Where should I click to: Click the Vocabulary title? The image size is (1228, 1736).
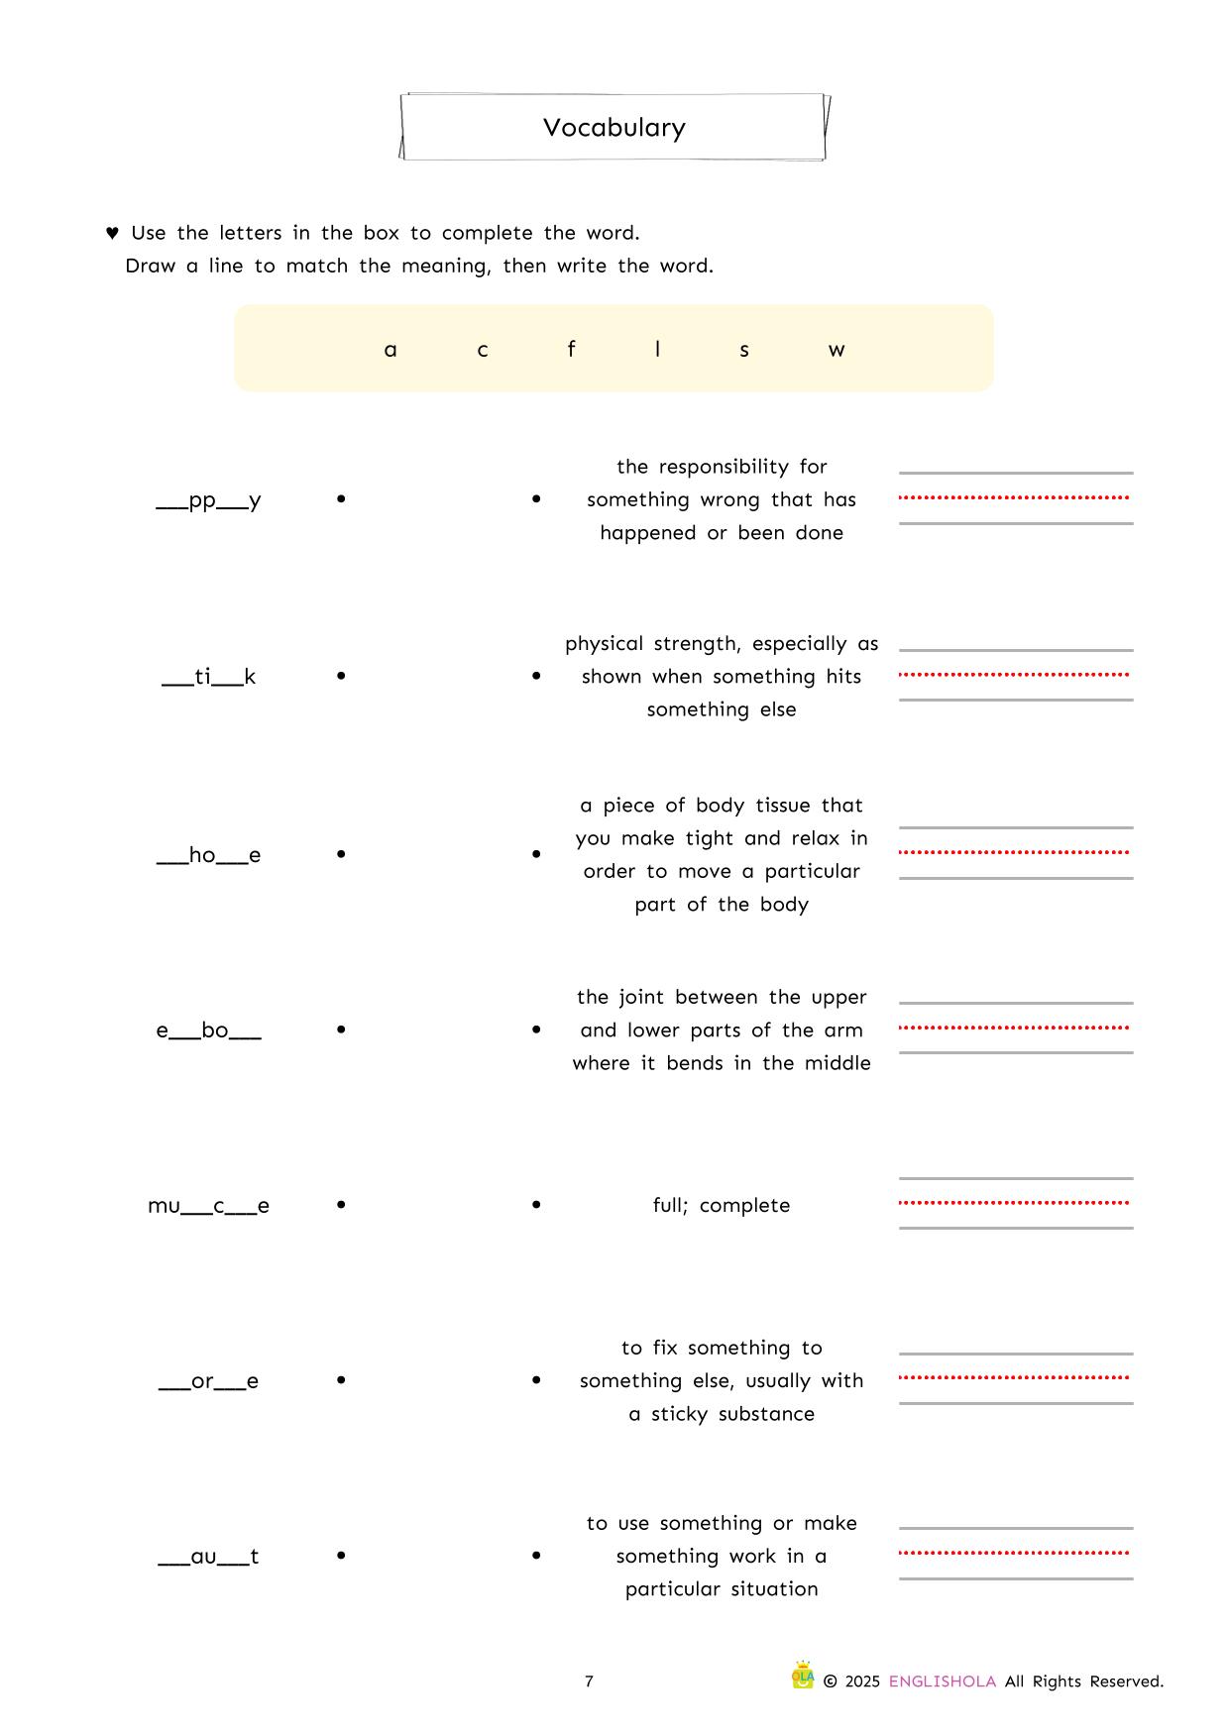click(614, 128)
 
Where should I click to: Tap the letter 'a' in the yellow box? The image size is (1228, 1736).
click(391, 350)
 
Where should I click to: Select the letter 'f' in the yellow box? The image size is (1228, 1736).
click(571, 349)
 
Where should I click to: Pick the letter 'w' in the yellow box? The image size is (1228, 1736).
click(837, 350)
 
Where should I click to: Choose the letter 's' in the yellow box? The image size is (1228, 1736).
click(744, 350)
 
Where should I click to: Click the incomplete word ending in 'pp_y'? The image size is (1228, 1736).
click(209, 500)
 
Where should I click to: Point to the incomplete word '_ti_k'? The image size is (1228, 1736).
click(209, 677)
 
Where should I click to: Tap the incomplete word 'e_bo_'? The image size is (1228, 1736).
click(209, 1031)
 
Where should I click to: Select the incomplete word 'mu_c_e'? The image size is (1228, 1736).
click(209, 1206)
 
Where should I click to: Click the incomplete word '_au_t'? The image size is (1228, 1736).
click(209, 1557)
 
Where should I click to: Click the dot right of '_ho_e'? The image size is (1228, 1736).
click(341, 853)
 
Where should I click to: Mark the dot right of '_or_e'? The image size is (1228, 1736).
click(341, 1379)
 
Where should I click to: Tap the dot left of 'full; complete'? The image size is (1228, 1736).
click(536, 1205)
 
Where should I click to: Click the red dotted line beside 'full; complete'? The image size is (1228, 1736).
click(1014, 1203)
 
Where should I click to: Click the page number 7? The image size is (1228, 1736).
click(589, 1682)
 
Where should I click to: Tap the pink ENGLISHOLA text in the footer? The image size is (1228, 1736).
click(942, 1682)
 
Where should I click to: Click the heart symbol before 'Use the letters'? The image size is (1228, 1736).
click(112, 233)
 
